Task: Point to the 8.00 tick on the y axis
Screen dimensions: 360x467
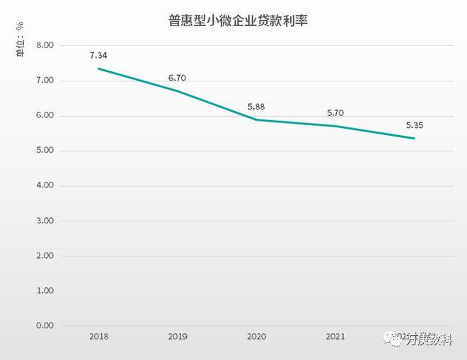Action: click(45, 46)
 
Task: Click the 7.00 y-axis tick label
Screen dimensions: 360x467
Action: click(45, 81)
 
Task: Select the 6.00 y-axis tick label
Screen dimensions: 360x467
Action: click(45, 116)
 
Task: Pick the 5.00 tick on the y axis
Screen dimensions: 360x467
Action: click(45, 151)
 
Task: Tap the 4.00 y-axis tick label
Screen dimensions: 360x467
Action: click(45, 186)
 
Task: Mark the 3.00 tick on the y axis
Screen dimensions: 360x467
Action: click(45, 221)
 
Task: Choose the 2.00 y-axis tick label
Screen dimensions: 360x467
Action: click(45, 256)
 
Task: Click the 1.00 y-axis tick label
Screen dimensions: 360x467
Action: click(45, 291)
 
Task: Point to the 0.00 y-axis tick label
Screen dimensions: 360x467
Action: click(45, 326)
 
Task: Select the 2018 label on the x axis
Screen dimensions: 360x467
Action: click(98, 337)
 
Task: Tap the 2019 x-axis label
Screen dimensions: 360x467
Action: click(177, 337)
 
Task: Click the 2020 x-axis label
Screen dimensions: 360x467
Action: click(256, 337)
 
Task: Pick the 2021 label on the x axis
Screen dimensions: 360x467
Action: click(335, 337)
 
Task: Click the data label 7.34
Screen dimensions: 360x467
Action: click(98, 55)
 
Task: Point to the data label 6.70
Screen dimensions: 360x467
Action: click(177, 78)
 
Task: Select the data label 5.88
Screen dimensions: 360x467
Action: click(256, 107)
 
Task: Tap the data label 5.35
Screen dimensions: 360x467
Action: click(414, 125)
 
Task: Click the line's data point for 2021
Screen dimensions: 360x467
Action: click(335, 126)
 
